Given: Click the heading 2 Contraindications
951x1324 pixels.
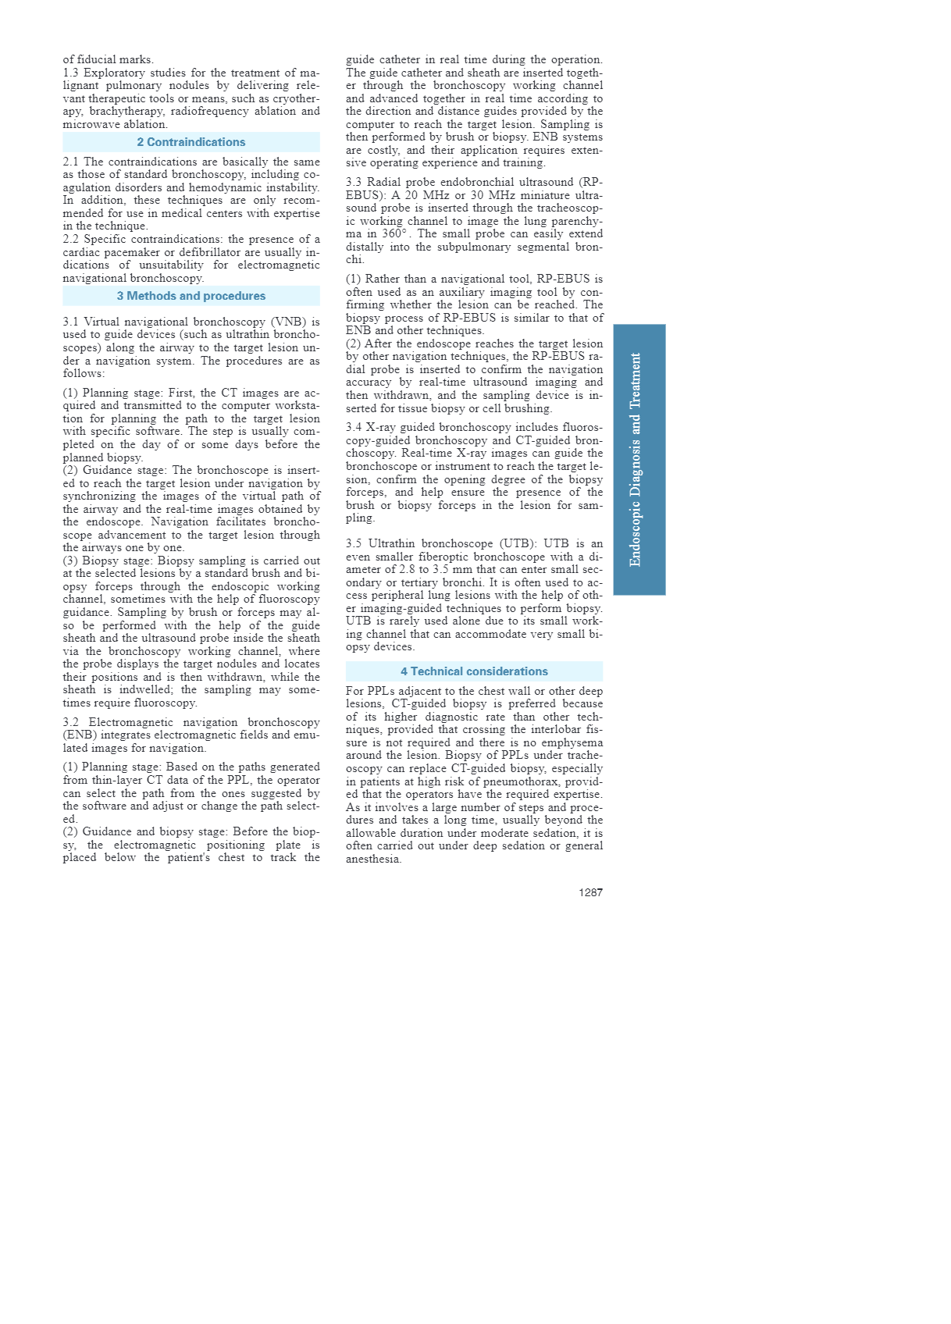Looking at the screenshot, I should click(x=191, y=142).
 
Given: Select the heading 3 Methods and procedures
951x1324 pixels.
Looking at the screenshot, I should click(x=191, y=296).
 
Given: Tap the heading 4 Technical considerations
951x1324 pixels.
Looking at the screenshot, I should click(x=474, y=671).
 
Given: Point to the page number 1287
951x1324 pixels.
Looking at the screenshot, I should click(x=590, y=892).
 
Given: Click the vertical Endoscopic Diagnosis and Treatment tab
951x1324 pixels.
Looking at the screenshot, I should click(x=639, y=459).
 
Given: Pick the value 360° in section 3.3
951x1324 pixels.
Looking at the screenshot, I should click(x=394, y=233).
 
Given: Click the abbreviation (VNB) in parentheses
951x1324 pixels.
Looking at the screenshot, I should click(x=289, y=322).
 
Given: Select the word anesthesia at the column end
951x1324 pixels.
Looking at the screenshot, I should click(x=373, y=859).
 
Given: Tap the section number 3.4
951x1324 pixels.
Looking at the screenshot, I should click(x=354, y=427).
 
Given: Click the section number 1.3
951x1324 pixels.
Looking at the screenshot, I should click(x=72, y=73).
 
